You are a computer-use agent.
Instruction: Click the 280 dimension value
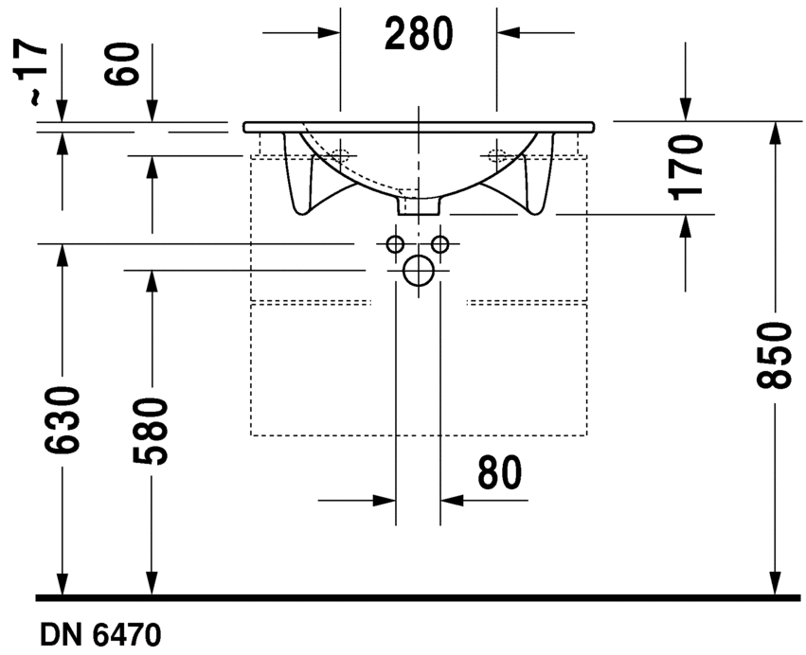[x=419, y=33]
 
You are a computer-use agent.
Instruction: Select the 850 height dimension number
[x=773, y=355]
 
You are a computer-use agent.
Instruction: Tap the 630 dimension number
[x=63, y=421]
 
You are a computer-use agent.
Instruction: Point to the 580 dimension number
[x=151, y=432]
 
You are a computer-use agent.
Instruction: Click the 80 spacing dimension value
[x=500, y=472]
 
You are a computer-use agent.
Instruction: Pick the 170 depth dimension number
[x=685, y=167]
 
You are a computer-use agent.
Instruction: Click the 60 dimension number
[x=122, y=63]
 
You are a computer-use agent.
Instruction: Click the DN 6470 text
[x=100, y=635]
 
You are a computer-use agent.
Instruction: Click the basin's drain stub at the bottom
[x=419, y=206]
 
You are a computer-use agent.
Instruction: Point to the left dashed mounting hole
[x=340, y=154]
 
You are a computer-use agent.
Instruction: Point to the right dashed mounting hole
[x=496, y=154]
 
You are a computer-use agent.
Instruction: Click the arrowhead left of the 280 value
[x=329, y=33]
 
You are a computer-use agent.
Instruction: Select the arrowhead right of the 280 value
[x=508, y=33]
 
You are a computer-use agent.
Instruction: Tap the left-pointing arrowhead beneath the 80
[x=452, y=500]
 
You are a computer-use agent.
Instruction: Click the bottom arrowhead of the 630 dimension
[x=63, y=585]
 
